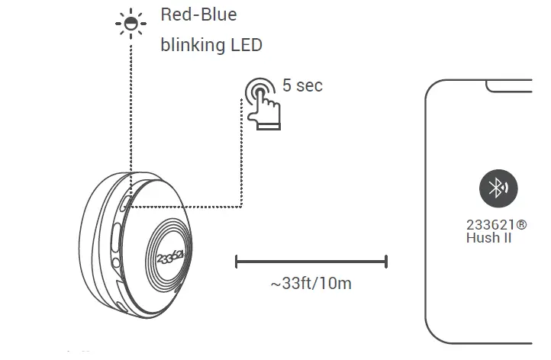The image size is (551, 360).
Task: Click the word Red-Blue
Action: [x=198, y=15]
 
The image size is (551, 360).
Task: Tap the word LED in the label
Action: [x=246, y=45]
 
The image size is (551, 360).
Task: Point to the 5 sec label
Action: [x=302, y=85]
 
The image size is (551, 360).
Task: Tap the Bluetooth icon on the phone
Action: [x=498, y=188]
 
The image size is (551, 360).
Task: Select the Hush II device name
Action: [x=488, y=238]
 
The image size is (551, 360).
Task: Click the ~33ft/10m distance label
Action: [x=311, y=284]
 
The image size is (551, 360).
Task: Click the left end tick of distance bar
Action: [x=237, y=262]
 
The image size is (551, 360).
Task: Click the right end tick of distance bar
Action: [x=386, y=262]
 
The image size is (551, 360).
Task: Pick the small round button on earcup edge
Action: [x=115, y=263]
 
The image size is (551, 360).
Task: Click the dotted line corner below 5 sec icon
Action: [x=241, y=205]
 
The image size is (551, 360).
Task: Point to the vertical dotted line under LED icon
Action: [x=130, y=114]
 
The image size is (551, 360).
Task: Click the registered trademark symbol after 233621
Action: [x=521, y=226]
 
